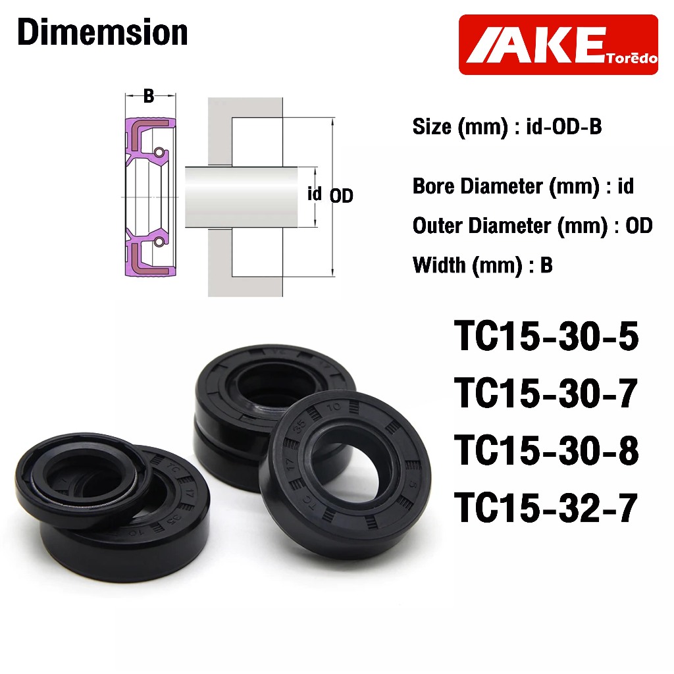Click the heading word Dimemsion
tap(102, 32)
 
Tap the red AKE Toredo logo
tap(558, 45)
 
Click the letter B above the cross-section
tap(149, 96)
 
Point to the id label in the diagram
tap(314, 194)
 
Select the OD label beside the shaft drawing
tap(342, 196)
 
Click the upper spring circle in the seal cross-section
tap(159, 152)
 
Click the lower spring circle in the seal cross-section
tap(159, 242)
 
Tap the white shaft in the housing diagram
tap(241, 197)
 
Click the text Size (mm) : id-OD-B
tap(507, 127)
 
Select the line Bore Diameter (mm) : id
tap(523, 186)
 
